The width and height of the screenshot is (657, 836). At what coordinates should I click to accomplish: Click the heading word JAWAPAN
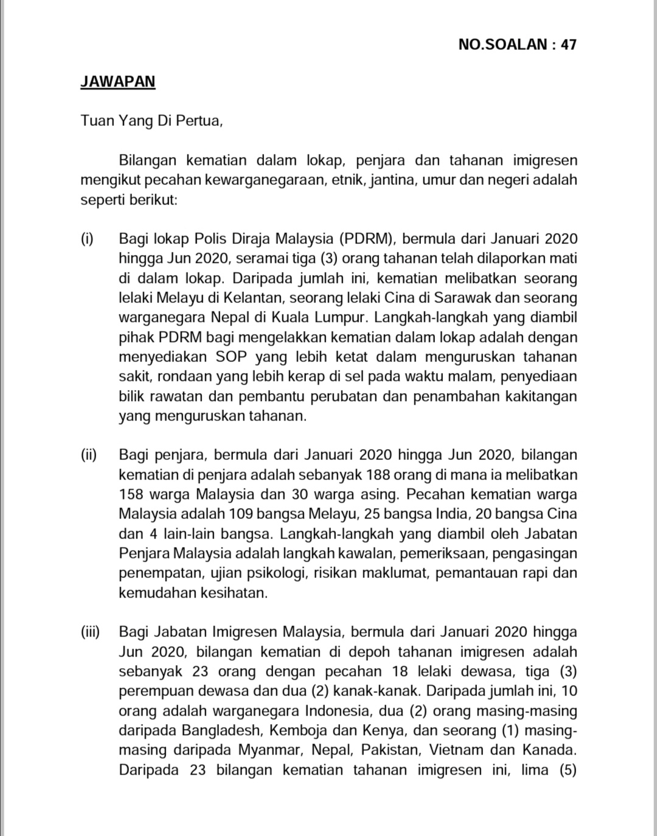coord(117,82)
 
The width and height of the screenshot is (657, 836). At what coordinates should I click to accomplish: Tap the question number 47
coord(568,44)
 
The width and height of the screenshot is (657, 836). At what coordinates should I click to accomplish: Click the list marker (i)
coord(88,239)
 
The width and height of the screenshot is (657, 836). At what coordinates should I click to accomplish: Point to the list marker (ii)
coord(89,455)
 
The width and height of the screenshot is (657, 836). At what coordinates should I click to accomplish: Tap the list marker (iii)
coord(90,632)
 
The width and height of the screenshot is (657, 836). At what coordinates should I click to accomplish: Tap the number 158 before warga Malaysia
coord(131,494)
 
